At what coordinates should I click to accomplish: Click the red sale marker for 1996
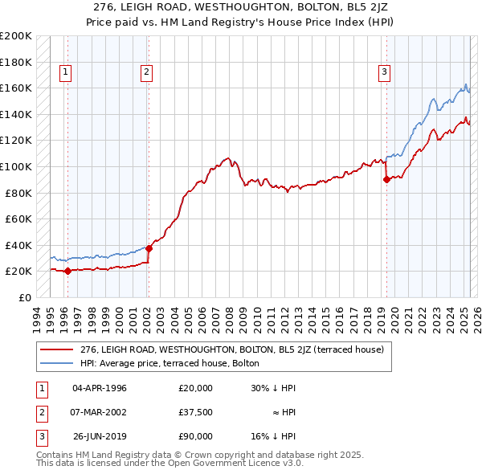tap(67, 271)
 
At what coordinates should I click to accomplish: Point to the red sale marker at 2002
tap(149, 248)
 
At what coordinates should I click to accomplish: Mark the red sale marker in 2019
tap(386, 180)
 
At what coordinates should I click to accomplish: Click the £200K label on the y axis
tap(16, 36)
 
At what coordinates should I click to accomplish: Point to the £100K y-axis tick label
tap(16, 166)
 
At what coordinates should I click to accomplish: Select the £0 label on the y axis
tap(25, 297)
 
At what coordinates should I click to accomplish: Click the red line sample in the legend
tap(56, 349)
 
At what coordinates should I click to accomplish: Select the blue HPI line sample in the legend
tap(56, 363)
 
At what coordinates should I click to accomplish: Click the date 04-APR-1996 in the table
tap(100, 389)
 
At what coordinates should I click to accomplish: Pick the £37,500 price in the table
tap(196, 412)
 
